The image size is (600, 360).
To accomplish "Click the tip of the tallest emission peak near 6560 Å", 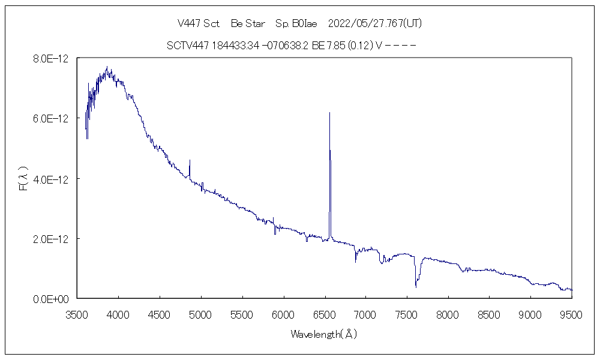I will (x=329, y=113).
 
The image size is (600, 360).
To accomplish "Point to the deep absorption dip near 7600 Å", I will (x=416, y=286).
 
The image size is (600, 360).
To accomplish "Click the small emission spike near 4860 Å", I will (x=190, y=160).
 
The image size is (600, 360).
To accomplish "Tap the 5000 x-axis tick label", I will (x=201, y=313).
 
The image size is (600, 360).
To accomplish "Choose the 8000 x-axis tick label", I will (x=448, y=313).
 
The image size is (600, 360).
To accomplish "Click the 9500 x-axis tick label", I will (x=571, y=313).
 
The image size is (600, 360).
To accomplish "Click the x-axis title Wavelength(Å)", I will (x=324, y=334).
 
